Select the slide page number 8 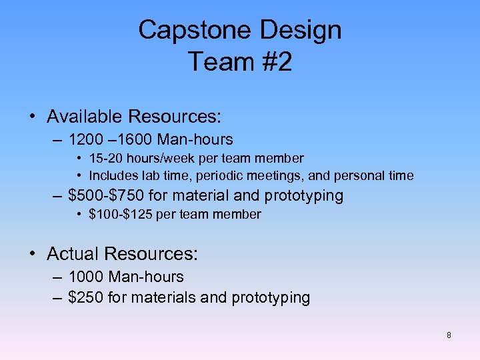coord(449,335)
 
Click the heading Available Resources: coord(134,117)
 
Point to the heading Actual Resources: coord(123,254)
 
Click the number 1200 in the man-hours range coord(86,140)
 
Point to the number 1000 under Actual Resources coord(86,277)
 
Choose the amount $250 coord(85,297)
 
